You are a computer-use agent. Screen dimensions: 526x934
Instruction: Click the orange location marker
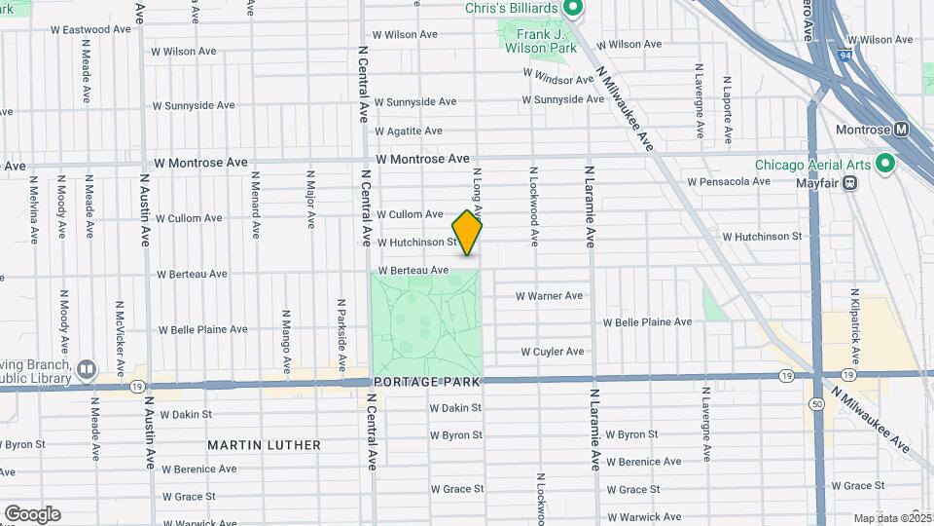(467, 233)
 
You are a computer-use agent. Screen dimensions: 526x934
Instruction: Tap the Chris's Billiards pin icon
(573, 9)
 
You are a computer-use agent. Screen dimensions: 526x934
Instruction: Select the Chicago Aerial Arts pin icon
(884, 163)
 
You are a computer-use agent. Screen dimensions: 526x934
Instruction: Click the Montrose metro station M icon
(901, 130)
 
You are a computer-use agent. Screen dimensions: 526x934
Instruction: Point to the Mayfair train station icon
(850, 181)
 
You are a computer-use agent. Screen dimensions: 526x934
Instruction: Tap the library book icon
(87, 369)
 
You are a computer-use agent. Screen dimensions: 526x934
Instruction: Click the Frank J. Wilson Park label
(534, 40)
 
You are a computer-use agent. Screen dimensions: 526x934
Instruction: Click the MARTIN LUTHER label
(264, 445)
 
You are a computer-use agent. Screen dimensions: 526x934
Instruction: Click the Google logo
(31, 513)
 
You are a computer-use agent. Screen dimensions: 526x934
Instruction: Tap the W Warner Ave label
(549, 295)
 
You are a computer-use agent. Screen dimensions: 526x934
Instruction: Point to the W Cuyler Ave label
(552, 352)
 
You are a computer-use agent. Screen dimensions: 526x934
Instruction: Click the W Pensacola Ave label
(729, 182)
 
